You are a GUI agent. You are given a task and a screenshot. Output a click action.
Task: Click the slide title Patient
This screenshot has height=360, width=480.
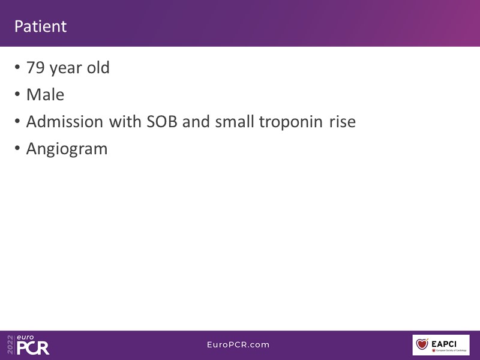tap(40, 26)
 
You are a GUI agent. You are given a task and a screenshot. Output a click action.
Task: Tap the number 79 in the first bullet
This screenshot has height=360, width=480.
tap(35, 67)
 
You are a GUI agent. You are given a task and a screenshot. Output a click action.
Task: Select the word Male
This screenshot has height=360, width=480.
tap(46, 95)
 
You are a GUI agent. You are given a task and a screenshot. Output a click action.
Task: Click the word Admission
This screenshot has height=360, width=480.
tap(65, 122)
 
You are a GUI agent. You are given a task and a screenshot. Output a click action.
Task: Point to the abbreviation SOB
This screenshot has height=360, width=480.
tap(162, 122)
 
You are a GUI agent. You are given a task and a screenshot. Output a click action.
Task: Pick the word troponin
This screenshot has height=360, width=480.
tap(291, 122)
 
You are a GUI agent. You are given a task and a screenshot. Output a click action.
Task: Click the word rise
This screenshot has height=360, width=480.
tap(343, 122)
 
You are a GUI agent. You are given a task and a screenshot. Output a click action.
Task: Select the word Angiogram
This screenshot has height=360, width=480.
tap(67, 149)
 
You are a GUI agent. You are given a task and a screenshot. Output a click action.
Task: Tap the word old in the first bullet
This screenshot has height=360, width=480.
tap(98, 67)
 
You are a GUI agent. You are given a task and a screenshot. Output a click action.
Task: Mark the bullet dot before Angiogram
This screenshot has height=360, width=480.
tap(17, 148)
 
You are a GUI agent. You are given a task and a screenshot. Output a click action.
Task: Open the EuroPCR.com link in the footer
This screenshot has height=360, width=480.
tap(238, 344)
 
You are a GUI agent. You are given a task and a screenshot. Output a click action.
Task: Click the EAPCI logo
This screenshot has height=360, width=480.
tap(441, 345)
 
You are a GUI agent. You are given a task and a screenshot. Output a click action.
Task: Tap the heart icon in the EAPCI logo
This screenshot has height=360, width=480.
tap(422, 344)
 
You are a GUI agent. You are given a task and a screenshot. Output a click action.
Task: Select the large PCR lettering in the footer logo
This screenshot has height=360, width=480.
tap(33, 348)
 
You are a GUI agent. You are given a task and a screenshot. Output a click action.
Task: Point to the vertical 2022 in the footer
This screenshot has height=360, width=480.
tap(10, 344)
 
